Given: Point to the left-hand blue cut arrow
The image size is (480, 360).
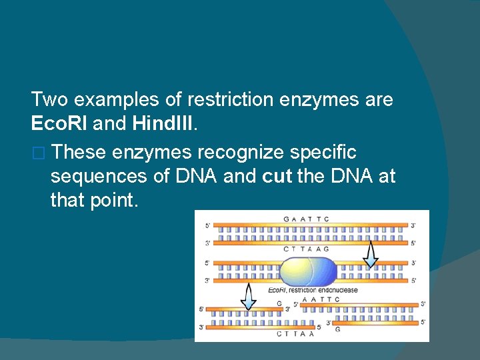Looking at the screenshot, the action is [x=248, y=296].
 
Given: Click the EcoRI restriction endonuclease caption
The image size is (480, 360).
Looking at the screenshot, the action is [x=313, y=290].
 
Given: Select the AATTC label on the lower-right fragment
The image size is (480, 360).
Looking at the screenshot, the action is [x=321, y=299].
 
